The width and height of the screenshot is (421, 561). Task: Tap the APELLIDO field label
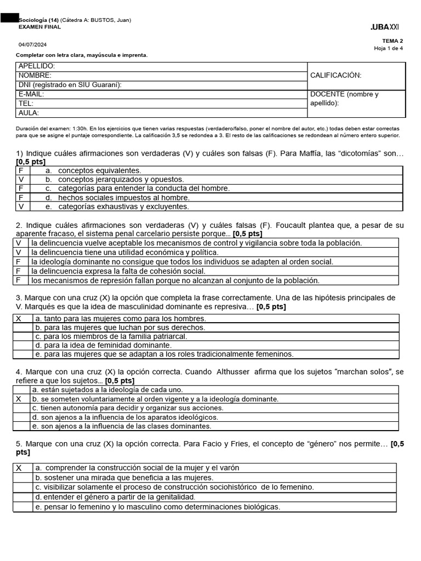(37, 66)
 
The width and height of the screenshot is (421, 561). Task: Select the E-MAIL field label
(31, 94)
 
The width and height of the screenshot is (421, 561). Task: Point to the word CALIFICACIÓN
(335, 76)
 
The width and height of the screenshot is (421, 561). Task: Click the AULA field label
(29, 113)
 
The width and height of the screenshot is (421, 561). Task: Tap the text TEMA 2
(392, 41)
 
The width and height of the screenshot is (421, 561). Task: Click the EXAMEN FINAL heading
(40, 27)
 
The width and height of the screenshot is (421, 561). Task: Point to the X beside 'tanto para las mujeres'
(19, 318)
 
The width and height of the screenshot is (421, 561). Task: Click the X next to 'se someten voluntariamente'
(19, 399)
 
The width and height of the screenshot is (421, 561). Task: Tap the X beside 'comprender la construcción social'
(19, 468)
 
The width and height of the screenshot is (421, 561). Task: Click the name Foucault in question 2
(293, 225)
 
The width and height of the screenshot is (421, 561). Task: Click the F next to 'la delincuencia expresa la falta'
(19, 271)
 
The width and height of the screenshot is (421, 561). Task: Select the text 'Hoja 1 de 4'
(388, 48)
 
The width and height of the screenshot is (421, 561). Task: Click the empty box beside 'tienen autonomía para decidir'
(22, 408)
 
